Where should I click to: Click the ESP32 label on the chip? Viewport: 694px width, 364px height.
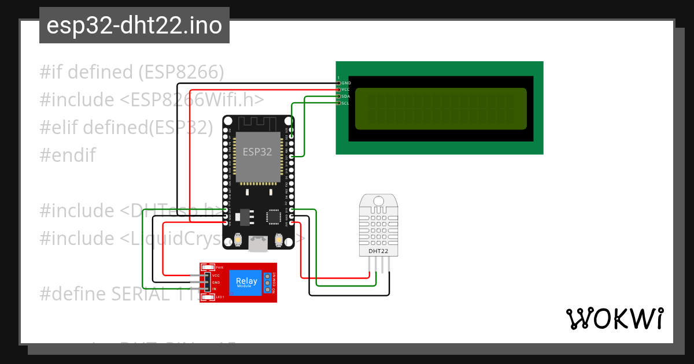(257, 152)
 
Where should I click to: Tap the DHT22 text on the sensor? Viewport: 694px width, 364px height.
(378, 251)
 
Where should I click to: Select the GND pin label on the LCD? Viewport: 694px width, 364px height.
(346, 83)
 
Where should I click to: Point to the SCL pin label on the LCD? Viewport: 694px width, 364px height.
(345, 103)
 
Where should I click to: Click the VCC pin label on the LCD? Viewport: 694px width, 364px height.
(346, 90)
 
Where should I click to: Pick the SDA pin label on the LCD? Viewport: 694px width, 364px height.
(346, 96)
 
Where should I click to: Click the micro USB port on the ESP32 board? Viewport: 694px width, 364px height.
(258, 244)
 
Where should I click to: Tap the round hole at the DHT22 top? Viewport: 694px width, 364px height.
(378, 200)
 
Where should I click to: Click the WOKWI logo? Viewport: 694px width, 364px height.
(614, 319)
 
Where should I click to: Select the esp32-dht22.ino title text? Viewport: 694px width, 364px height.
(134, 25)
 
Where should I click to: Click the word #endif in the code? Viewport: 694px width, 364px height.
(68, 155)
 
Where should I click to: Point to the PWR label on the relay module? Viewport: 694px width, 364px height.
(219, 268)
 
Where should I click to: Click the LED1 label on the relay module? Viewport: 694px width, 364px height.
(220, 297)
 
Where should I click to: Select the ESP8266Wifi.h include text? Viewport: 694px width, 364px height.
(193, 99)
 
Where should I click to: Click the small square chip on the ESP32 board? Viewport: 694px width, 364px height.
(273, 217)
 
